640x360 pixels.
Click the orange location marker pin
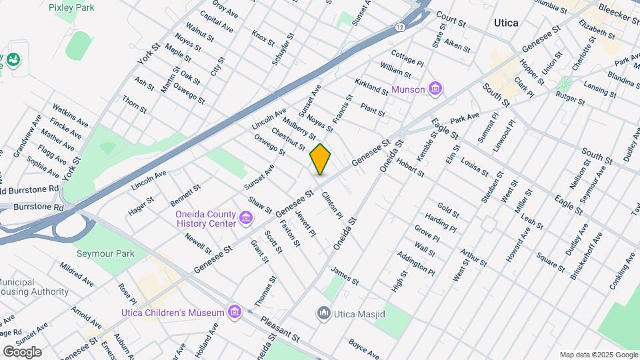click(320, 159)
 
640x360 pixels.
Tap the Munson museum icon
click(435, 88)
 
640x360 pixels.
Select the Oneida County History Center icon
click(246, 218)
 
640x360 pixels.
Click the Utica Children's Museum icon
click(234, 312)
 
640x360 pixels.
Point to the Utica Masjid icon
click(324, 312)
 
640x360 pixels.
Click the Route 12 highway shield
click(399, 27)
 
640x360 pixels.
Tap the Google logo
click(22, 352)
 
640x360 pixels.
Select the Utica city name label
click(506, 23)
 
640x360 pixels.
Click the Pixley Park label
click(71, 7)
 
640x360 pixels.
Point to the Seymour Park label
click(105, 253)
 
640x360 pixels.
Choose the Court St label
click(451, 18)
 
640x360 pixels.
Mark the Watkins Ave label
click(70, 115)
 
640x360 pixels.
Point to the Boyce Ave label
click(364, 349)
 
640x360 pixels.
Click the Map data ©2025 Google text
click(598, 355)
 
